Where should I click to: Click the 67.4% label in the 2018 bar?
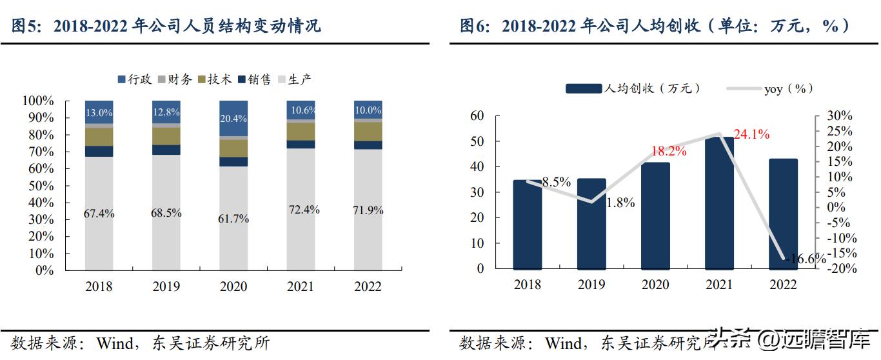(99, 214)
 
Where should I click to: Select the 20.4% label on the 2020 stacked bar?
(233, 118)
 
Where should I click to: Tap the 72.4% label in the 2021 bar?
(301, 210)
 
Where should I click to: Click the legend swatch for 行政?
(121, 80)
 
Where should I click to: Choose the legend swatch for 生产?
(281, 80)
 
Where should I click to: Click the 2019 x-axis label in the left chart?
(166, 286)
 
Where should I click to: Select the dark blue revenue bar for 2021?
(719, 203)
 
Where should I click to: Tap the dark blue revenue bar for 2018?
(528, 224)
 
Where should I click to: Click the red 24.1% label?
(751, 135)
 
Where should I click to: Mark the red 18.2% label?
(668, 152)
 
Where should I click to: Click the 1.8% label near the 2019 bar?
(620, 203)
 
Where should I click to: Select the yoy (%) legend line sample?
(742, 89)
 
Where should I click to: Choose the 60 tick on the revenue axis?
(477, 116)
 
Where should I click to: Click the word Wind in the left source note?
(114, 343)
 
